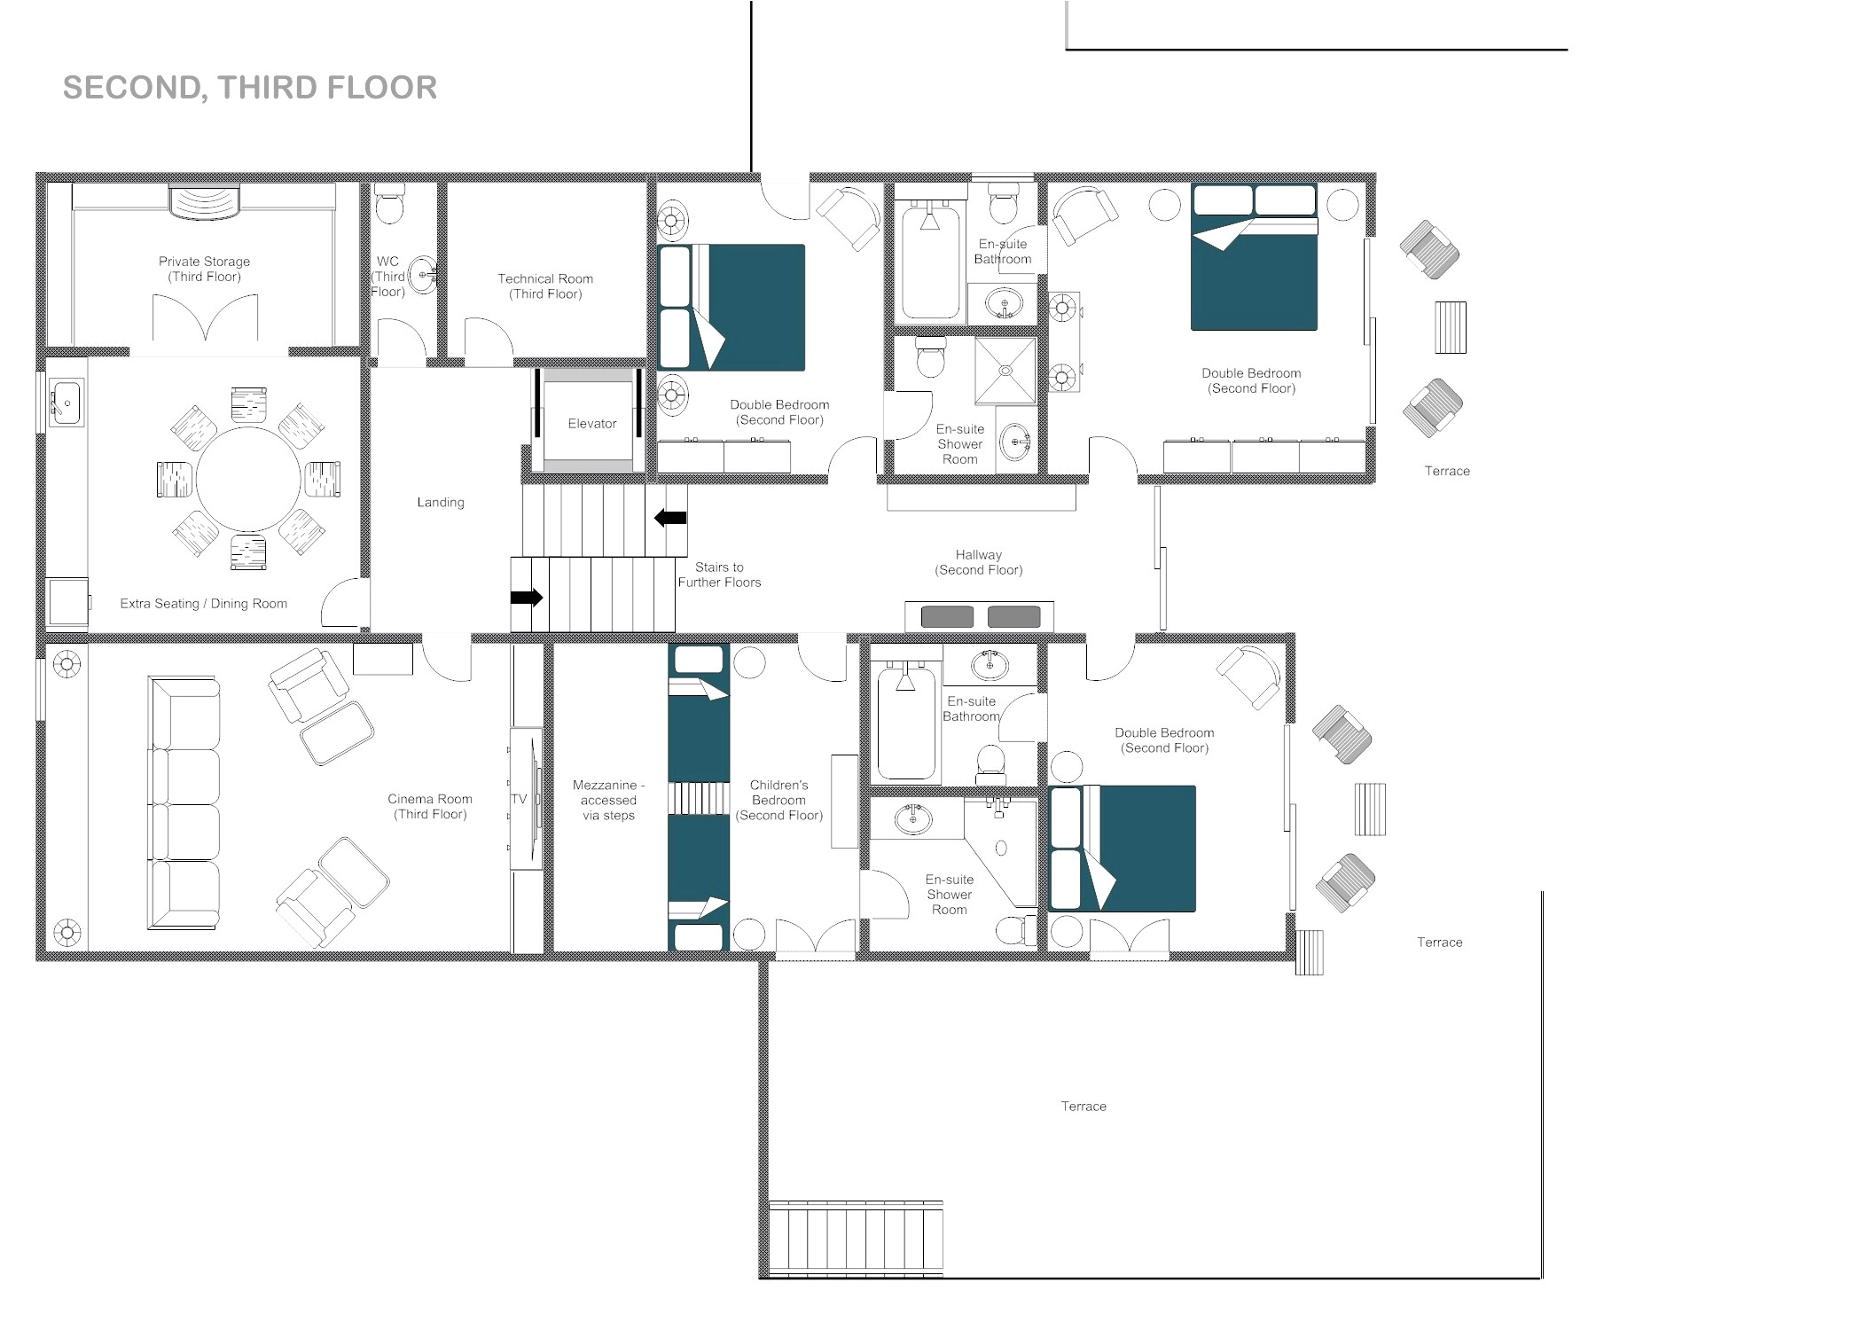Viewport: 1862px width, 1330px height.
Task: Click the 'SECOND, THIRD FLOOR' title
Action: pos(249,88)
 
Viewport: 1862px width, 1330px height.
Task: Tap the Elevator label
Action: pos(591,424)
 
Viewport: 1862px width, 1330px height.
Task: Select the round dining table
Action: pos(248,480)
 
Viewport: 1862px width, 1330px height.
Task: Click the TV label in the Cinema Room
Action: pos(519,799)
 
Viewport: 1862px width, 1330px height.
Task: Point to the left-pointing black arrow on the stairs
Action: pos(670,518)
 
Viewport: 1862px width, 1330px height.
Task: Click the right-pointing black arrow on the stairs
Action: pos(527,598)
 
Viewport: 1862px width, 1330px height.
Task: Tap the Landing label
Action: pos(441,503)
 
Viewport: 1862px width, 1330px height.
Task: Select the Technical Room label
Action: pos(545,286)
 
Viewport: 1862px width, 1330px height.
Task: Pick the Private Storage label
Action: pos(204,269)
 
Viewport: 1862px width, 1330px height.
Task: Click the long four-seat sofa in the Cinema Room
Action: pos(184,803)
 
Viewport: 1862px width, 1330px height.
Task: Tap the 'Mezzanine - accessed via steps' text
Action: pos(608,800)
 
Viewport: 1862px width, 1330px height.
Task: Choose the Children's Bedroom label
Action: pos(778,800)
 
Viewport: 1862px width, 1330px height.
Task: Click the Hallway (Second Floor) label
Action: pos(978,562)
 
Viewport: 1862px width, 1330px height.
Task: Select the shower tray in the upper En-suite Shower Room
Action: pos(1005,371)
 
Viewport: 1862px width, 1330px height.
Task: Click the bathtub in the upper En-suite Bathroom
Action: pos(930,262)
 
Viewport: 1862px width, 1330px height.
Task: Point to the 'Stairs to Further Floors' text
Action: pos(719,575)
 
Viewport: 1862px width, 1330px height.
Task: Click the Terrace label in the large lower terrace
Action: pos(1083,1107)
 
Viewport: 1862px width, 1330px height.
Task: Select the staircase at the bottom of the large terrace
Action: pos(855,1239)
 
